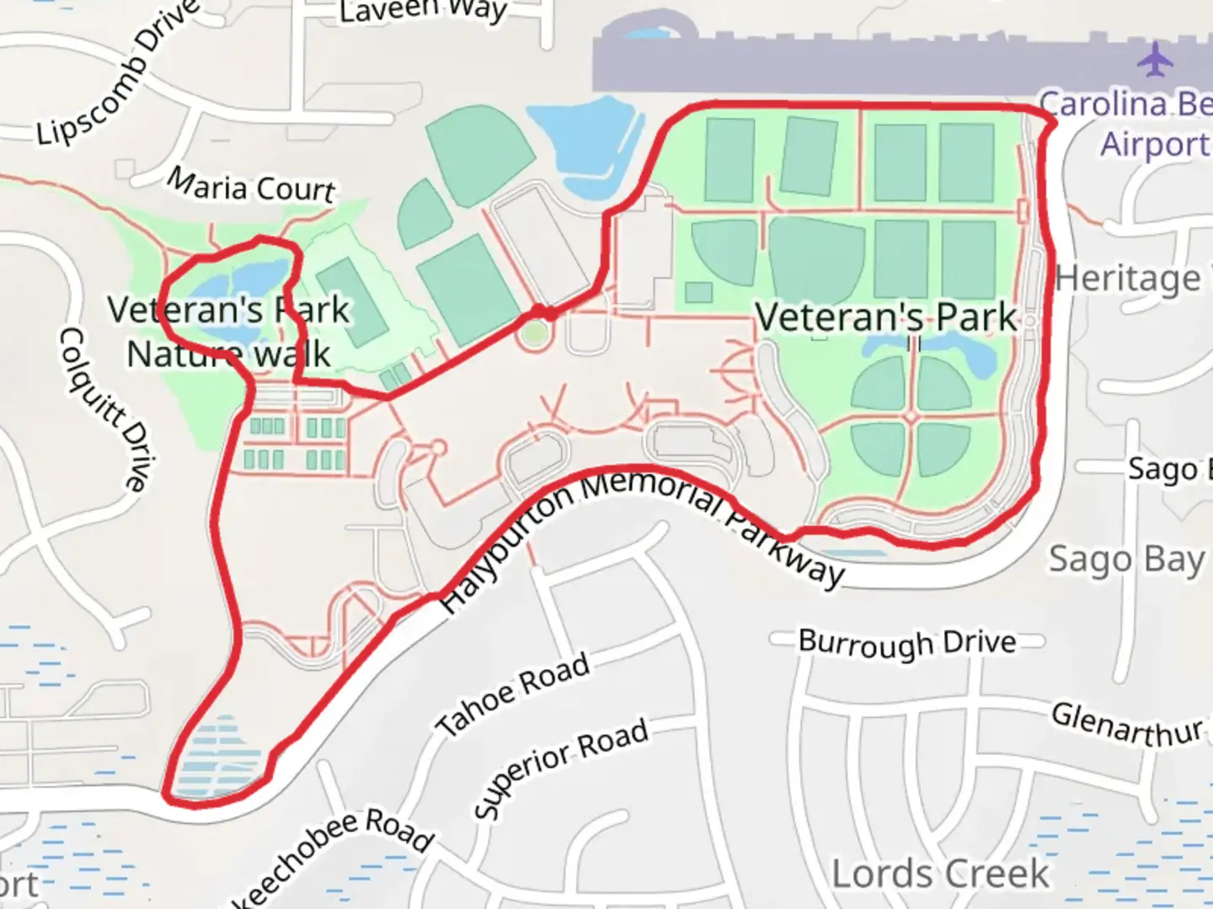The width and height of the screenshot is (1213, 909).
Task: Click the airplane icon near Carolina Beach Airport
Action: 1155,59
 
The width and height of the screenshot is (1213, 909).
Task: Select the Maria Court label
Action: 251,185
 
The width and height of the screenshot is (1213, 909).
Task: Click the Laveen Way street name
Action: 423,10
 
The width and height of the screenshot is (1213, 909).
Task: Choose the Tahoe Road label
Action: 513,694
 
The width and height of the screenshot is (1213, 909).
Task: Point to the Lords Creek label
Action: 941,874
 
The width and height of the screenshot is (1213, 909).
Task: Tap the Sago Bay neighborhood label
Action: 1126,560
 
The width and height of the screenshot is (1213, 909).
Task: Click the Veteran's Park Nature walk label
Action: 228,332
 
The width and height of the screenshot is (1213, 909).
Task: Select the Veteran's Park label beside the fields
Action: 886,317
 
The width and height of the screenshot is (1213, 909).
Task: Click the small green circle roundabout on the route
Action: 533,335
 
